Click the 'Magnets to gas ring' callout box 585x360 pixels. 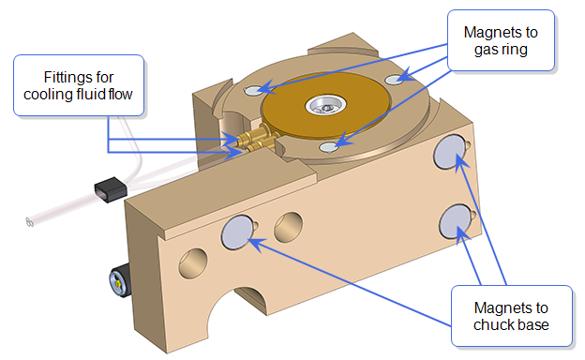click(x=501, y=40)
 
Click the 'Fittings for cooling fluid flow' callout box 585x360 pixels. click(x=79, y=85)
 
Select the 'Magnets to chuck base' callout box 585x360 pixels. click(x=512, y=316)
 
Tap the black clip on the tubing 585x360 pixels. click(x=111, y=189)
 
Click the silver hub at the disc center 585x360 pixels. click(x=325, y=105)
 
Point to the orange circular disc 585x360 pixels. click(x=326, y=105)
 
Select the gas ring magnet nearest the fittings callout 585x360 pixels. click(x=254, y=90)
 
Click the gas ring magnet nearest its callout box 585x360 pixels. click(x=395, y=79)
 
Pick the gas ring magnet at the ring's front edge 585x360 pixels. click(x=329, y=147)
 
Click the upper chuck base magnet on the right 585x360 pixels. click(x=450, y=152)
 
